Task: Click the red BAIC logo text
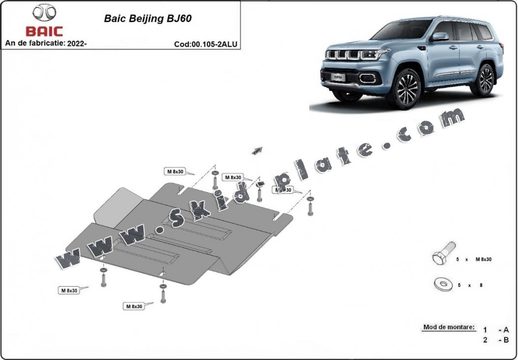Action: (x=44, y=31)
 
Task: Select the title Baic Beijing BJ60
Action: (x=147, y=19)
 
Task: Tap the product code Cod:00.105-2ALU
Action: (x=205, y=44)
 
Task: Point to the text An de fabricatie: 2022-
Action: (x=46, y=43)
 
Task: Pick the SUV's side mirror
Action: (x=440, y=37)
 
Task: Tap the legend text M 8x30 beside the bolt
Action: (x=483, y=259)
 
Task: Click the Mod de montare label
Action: (x=449, y=327)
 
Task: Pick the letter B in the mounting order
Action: (x=506, y=340)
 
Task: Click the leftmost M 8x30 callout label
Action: (x=69, y=290)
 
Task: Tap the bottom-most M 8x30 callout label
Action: (x=133, y=306)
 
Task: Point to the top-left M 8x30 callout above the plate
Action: (x=175, y=171)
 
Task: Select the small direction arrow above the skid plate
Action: (x=257, y=151)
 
